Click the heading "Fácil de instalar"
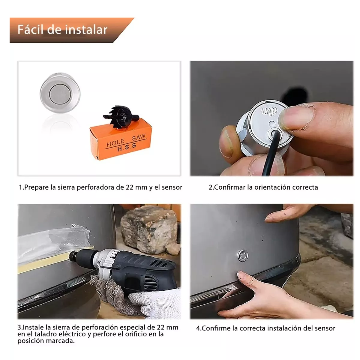pyautogui.click(x=62, y=29)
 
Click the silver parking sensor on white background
pyautogui.click(x=60, y=93)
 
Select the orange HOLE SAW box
pyautogui.click(x=121, y=139)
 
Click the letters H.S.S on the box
pyautogui.click(x=127, y=147)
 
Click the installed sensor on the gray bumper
pyautogui.click(x=243, y=255)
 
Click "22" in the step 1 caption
pyautogui.click(x=130, y=187)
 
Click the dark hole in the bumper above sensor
pyautogui.click(x=295, y=96)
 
